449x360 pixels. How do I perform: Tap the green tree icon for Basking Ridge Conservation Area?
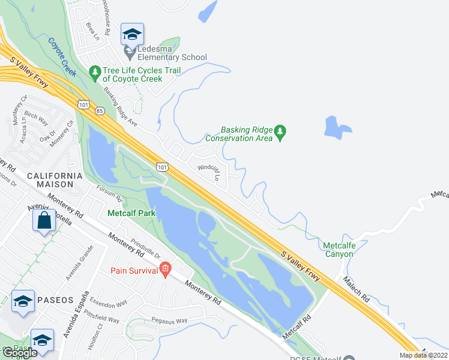[279, 130]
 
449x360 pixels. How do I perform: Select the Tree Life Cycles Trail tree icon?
[94, 72]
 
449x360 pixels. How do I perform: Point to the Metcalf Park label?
[131, 213]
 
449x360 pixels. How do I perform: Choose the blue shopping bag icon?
[44, 220]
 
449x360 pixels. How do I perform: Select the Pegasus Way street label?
[170, 322]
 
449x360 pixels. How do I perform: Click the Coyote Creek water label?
[62, 58]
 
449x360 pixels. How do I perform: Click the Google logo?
[20, 353]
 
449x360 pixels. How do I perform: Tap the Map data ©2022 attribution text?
[423, 355]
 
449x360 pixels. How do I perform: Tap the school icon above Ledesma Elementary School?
[131, 34]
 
